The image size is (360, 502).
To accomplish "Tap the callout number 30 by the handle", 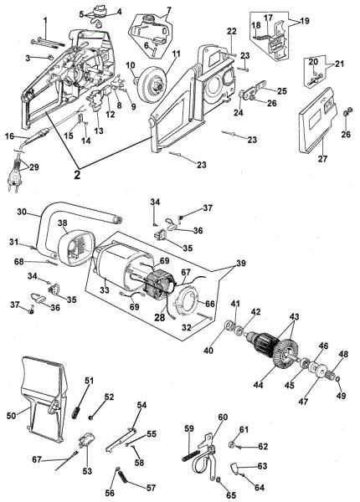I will point(21,211).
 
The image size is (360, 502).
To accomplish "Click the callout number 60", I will point(223,417).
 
